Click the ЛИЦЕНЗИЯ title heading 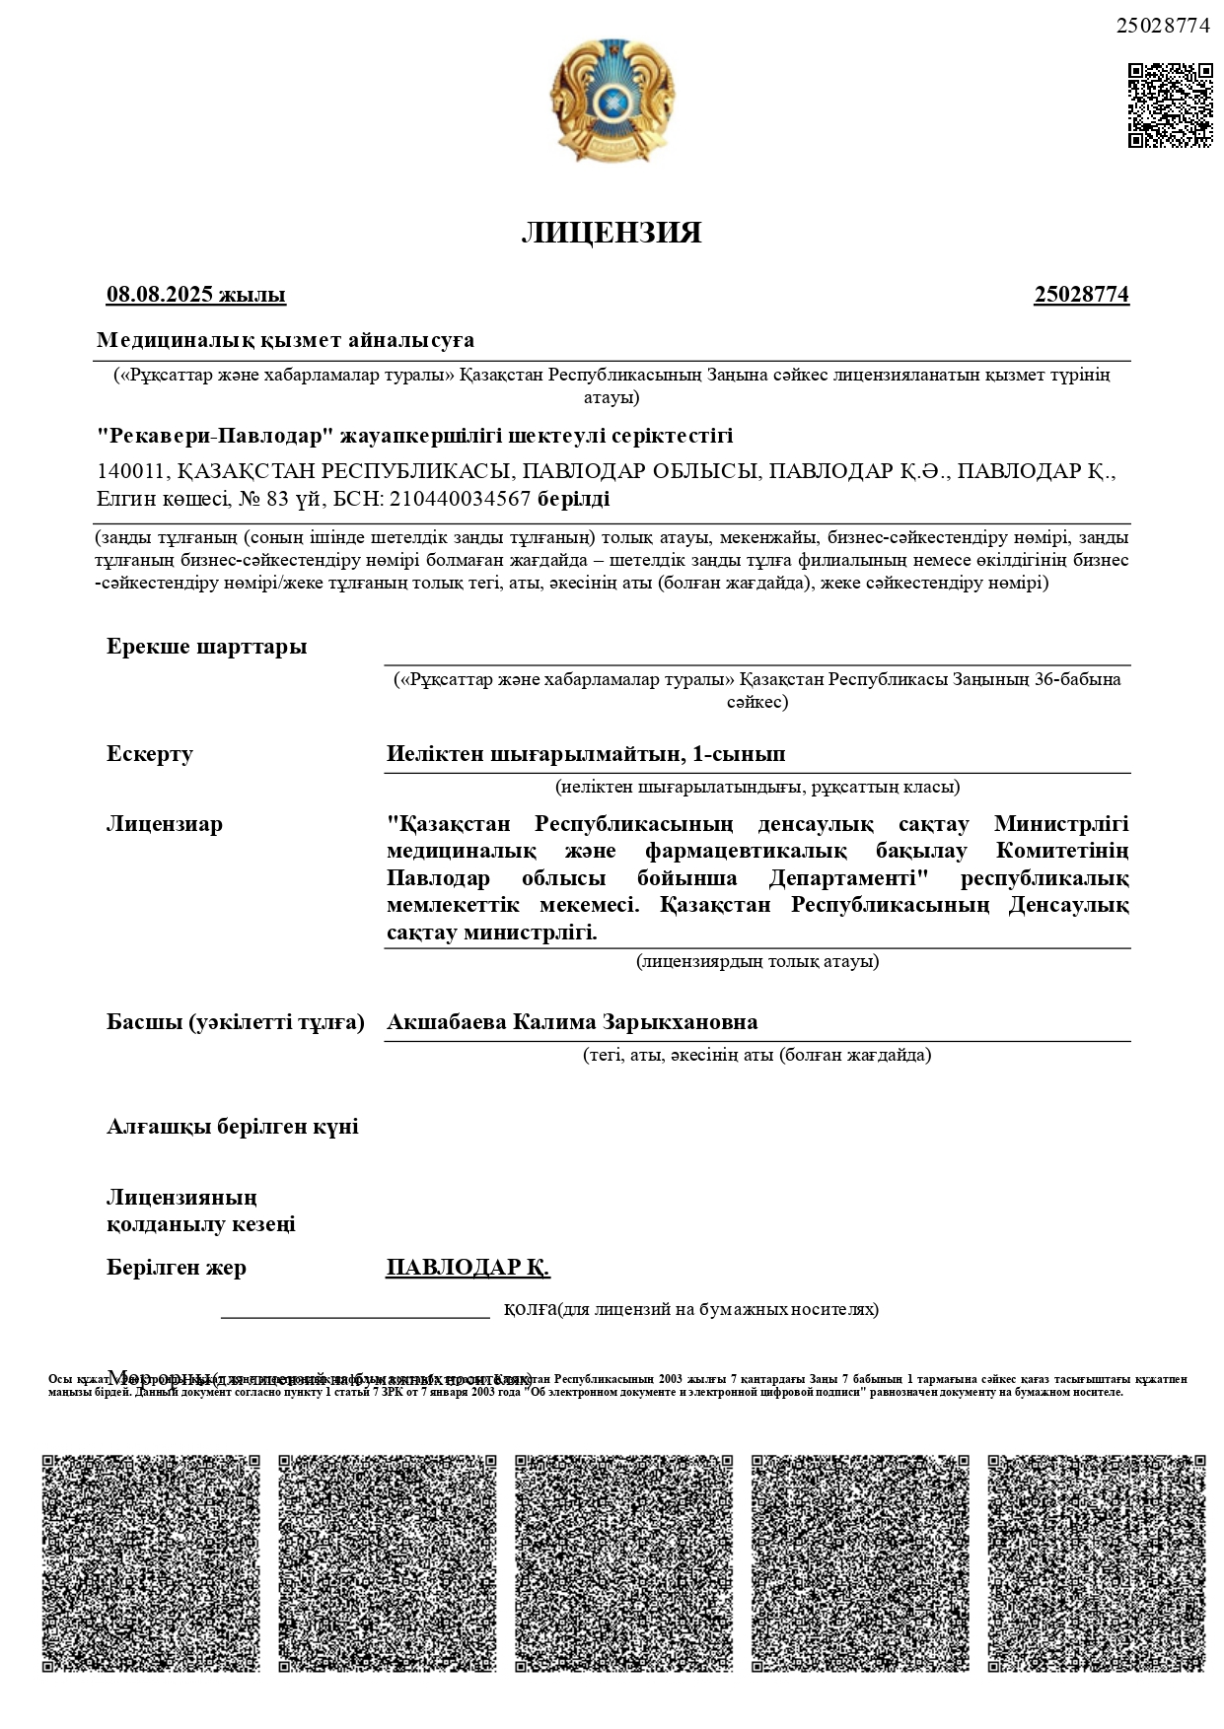(612, 233)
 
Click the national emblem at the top (612, 101)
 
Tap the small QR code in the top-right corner (1170, 105)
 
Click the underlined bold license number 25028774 (1081, 295)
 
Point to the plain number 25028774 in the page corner (1162, 27)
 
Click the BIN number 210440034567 (461, 499)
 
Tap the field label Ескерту (150, 754)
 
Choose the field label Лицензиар (165, 824)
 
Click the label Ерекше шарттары (206, 647)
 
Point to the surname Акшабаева (446, 1021)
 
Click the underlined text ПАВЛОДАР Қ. (468, 1267)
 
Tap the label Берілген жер (177, 1268)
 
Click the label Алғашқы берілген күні (233, 1127)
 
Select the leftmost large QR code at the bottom (151, 1563)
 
